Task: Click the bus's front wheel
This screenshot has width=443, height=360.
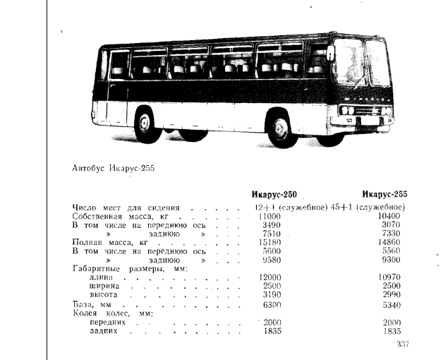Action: pyautogui.click(x=281, y=130)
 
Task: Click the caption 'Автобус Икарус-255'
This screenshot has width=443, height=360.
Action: pyautogui.click(x=114, y=168)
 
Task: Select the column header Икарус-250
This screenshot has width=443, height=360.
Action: pyautogui.click(x=274, y=195)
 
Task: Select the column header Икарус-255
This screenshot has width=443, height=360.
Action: pyautogui.click(x=384, y=195)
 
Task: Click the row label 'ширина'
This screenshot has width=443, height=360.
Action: pyautogui.click(x=104, y=286)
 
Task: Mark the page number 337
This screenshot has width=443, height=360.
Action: pyautogui.click(x=402, y=344)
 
